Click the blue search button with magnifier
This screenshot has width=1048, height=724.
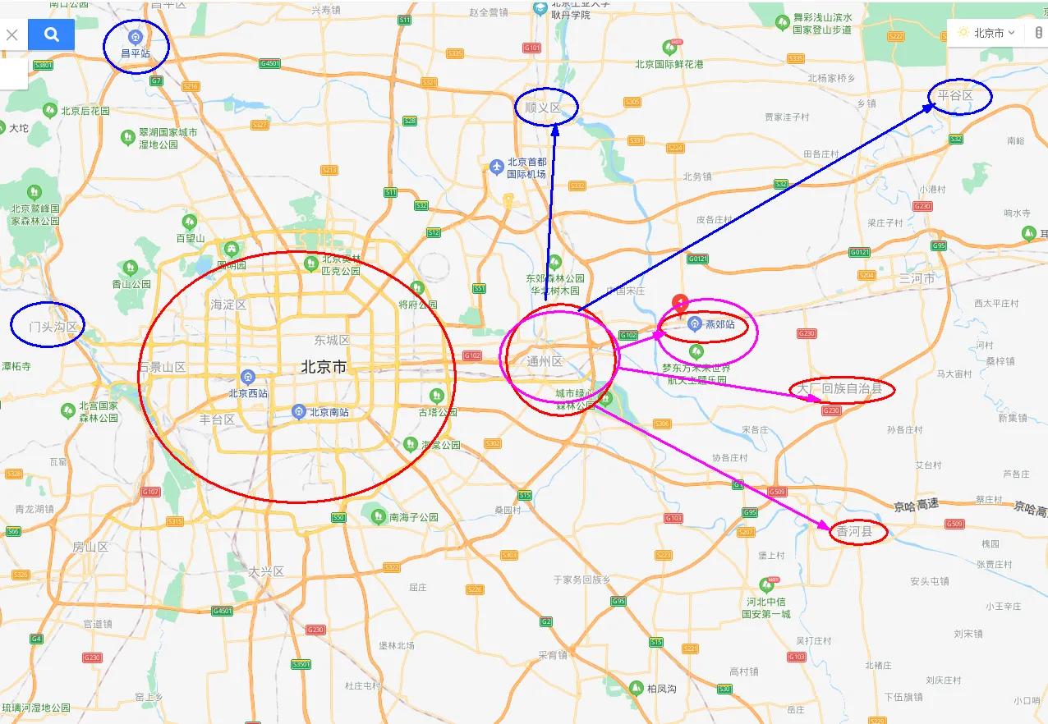pos(51,34)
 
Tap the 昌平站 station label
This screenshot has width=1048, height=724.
pos(136,53)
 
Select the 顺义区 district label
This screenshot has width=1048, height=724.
pos(543,108)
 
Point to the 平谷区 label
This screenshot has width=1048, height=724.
pos(955,96)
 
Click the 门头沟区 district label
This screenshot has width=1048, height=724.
pos(53,327)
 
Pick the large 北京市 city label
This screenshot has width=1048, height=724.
pos(324,367)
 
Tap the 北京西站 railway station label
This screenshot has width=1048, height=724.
pos(248,392)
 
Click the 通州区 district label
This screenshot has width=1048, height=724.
pos(545,361)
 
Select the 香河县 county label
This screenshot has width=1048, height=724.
pos(854,533)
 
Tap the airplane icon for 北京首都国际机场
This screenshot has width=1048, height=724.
pos(496,167)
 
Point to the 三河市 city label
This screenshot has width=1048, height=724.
pos(916,278)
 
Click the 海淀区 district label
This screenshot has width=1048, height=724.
pos(228,305)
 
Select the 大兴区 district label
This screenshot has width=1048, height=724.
pos(266,571)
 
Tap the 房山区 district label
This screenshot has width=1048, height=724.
pos(90,547)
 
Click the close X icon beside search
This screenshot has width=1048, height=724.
pos(12,34)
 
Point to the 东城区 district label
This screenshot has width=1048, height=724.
pos(332,340)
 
